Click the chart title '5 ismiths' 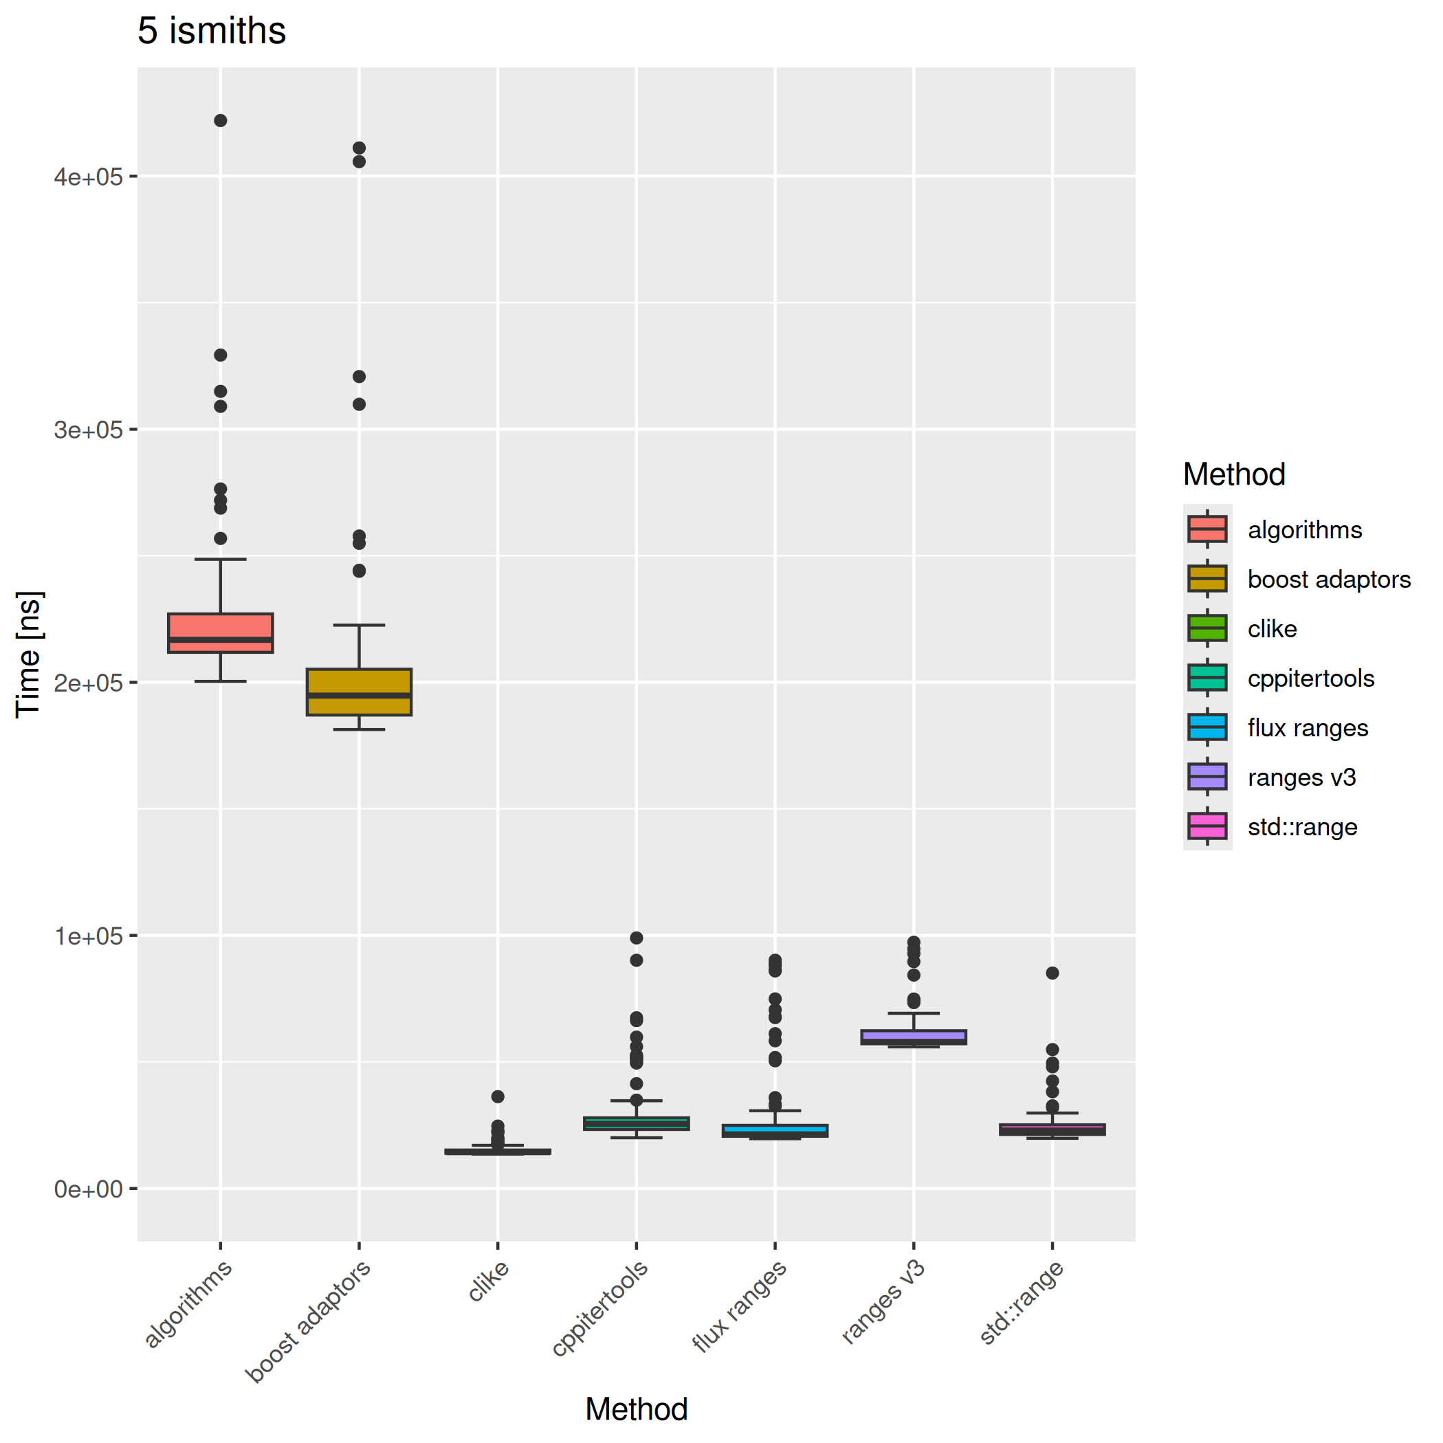(x=211, y=32)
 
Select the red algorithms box (x=220, y=632)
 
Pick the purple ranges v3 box (x=914, y=1037)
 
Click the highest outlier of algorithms (x=220, y=121)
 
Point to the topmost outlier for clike (x=498, y=1097)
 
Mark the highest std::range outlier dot (x=1052, y=973)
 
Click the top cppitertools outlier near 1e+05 (x=637, y=938)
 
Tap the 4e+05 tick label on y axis (x=88, y=177)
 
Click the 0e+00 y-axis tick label (x=88, y=1189)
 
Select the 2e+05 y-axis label (x=88, y=683)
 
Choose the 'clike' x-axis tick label (x=489, y=1281)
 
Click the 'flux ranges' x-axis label (x=740, y=1306)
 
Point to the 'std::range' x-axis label (x=1022, y=1303)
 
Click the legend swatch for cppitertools (x=1207, y=678)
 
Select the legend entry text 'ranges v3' (x=1301, y=778)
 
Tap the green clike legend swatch (x=1207, y=628)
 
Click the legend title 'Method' (x=1234, y=474)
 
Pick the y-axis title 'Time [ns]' (x=28, y=654)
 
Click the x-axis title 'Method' (x=637, y=1409)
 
